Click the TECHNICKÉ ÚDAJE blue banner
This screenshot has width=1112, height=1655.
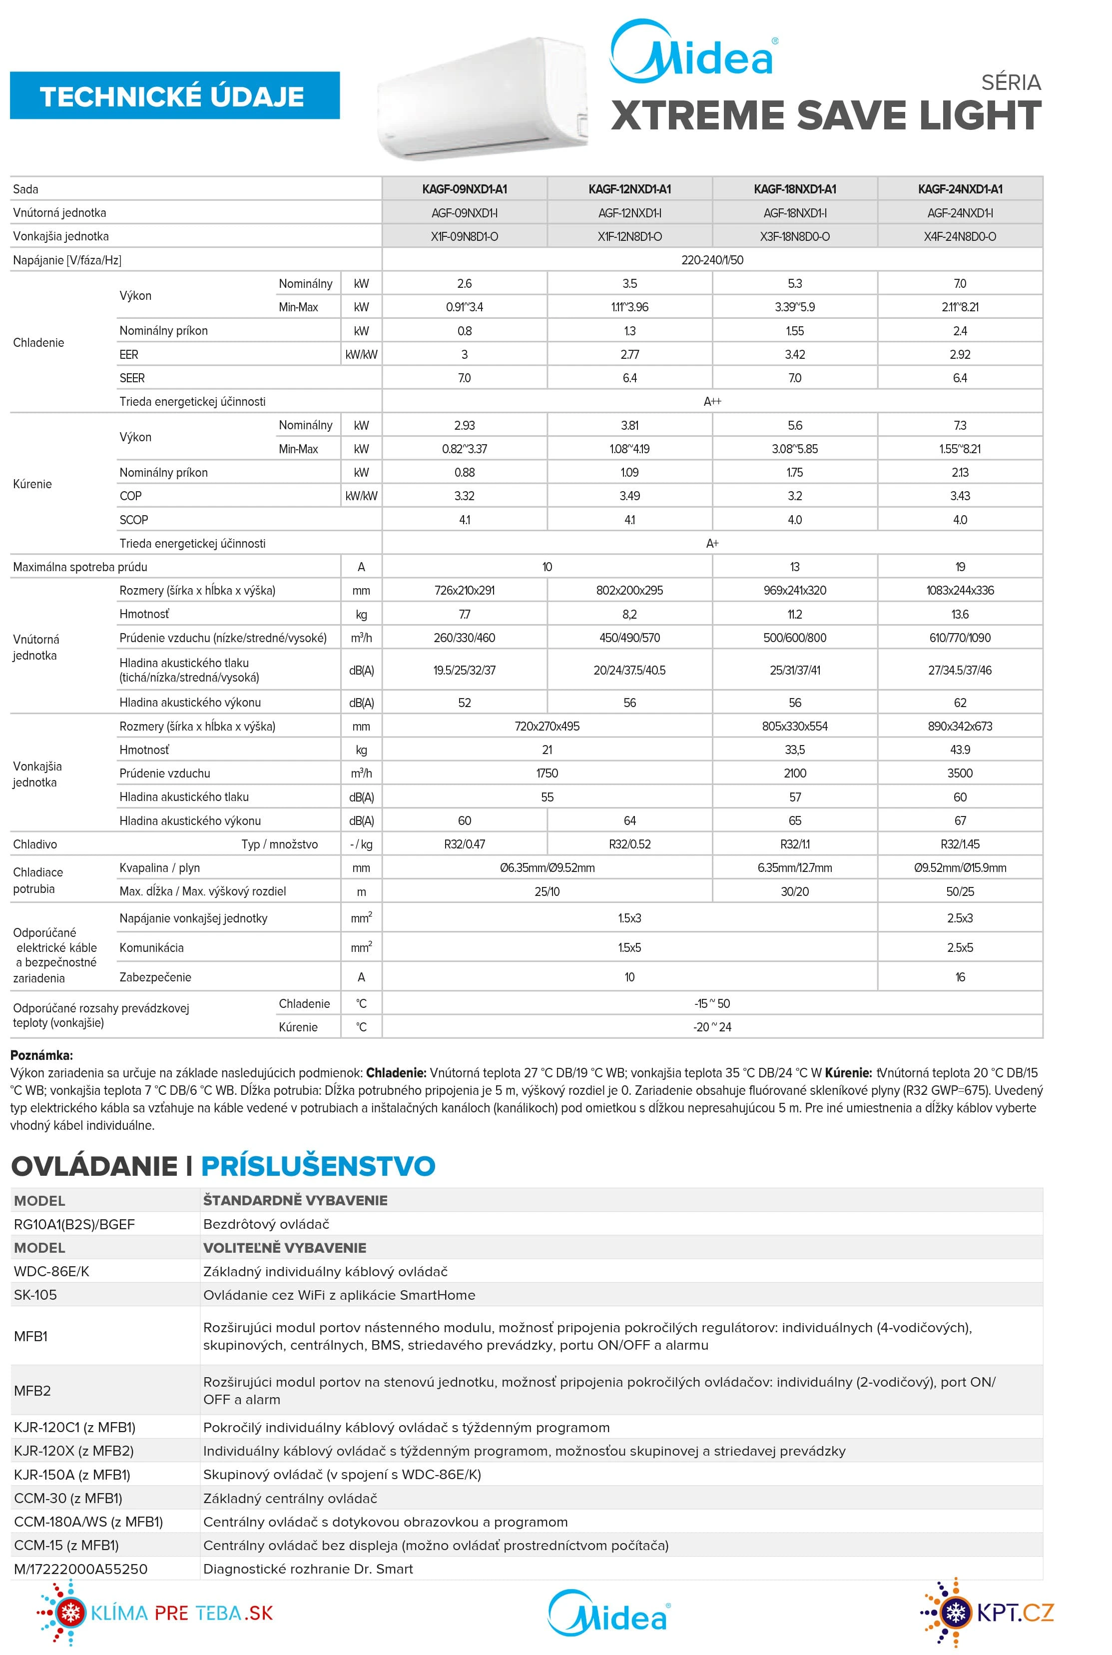pyautogui.click(x=174, y=96)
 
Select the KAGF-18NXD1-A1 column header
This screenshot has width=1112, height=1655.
pyautogui.click(x=794, y=189)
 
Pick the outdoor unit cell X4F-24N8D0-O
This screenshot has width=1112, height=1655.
pyautogui.click(x=960, y=236)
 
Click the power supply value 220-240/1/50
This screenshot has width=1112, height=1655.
pyautogui.click(x=712, y=260)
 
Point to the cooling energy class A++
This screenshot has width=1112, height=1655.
pyautogui.click(x=712, y=402)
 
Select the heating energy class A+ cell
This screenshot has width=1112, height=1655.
pyautogui.click(x=712, y=543)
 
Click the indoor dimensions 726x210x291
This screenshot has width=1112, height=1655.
pyautogui.click(x=465, y=590)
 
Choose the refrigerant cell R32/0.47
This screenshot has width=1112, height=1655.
pyautogui.click(x=465, y=844)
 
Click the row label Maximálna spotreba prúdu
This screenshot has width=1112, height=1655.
pyautogui.click(x=80, y=567)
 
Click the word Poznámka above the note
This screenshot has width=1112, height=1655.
pyautogui.click(x=41, y=1055)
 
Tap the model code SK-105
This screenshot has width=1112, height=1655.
pyautogui.click(x=35, y=1295)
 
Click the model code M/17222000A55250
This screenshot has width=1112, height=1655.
pyautogui.click(x=80, y=1569)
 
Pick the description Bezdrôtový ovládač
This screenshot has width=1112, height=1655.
pyautogui.click(x=266, y=1224)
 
